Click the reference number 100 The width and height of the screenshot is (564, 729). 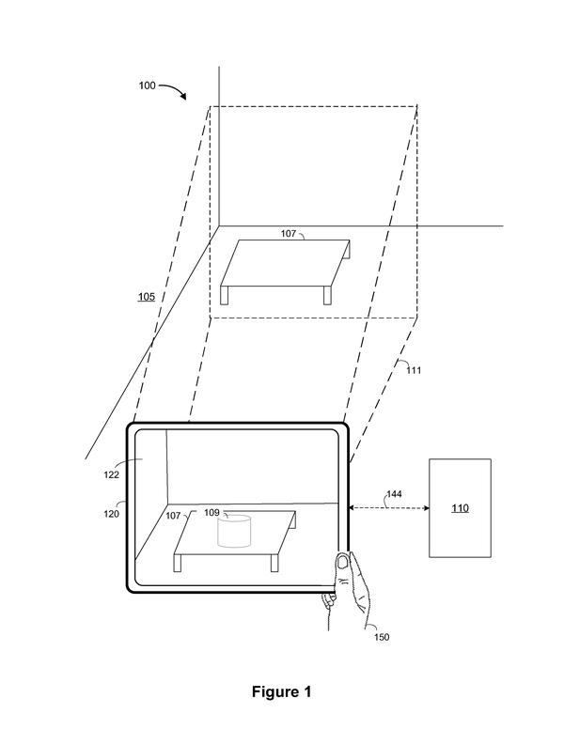[147, 85]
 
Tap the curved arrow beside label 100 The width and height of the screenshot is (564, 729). [174, 88]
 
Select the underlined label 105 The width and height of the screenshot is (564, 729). [146, 297]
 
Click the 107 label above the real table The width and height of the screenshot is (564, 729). [288, 233]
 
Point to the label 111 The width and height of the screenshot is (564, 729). [414, 370]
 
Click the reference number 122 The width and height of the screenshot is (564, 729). [111, 474]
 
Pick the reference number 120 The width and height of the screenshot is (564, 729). [111, 514]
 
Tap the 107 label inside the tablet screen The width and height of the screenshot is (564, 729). [173, 516]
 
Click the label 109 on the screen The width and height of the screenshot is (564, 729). [211, 512]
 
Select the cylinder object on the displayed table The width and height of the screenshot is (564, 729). [235, 531]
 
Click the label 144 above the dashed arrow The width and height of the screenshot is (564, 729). [394, 494]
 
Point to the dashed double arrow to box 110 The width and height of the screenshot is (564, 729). [389, 508]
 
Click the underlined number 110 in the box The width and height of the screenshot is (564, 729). [460, 508]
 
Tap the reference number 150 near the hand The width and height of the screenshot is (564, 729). [382, 637]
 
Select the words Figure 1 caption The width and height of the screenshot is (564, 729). [282, 691]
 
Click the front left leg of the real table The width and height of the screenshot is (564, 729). [225, 295]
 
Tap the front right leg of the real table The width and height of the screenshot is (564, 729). [328, 295]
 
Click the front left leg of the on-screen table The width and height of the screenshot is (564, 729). [178, 563]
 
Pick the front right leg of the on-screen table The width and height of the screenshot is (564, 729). [274, 563]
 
